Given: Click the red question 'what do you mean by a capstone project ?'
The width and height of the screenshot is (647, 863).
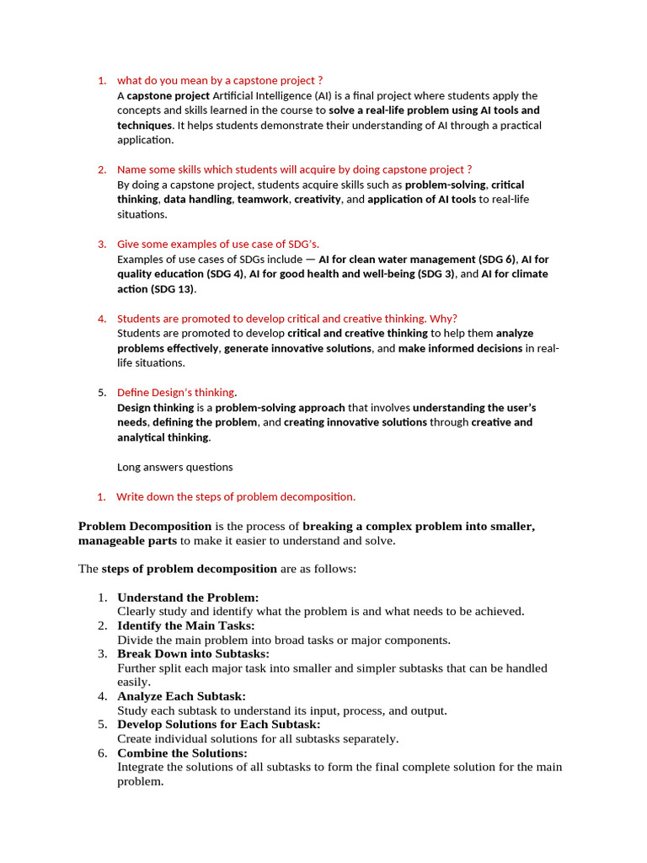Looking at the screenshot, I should coord(220,80).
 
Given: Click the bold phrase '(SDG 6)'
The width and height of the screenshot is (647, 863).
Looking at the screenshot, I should coord(496,259).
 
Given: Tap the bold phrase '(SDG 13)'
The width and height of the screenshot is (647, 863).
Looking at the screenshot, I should coord(173,289).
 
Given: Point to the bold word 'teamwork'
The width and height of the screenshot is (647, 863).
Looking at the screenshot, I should coord(263,199).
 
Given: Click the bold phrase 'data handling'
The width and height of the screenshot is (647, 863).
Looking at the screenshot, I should coord(197,199).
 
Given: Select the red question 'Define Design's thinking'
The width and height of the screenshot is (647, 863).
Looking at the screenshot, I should coord(176,392).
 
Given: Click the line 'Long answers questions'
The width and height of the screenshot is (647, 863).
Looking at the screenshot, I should coord(174,466).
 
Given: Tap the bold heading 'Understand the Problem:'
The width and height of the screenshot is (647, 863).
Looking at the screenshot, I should coord(188,597).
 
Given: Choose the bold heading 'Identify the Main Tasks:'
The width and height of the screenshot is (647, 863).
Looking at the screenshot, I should coord(185,625).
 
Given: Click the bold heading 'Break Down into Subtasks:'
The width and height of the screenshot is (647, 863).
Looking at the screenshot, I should coord(193,653).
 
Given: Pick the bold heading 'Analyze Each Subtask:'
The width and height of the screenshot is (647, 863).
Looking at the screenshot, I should coord(181,696).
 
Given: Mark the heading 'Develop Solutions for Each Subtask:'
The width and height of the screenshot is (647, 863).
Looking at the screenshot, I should coord(218,724).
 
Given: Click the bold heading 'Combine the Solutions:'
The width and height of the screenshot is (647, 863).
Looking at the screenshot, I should coord(182,753).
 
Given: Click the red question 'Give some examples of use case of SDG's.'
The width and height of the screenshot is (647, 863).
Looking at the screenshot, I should coord(218,244).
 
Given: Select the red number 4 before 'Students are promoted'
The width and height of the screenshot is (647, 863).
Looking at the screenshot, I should coord(101,319).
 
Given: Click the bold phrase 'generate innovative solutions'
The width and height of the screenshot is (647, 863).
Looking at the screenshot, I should coord(298,348).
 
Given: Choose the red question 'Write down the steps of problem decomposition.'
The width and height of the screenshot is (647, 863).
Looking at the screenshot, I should coord(236,496).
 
